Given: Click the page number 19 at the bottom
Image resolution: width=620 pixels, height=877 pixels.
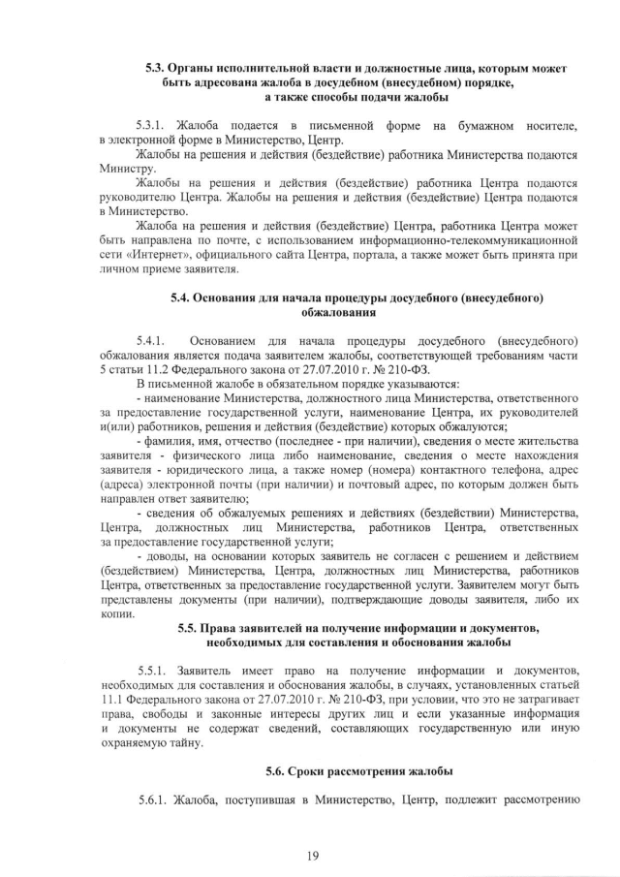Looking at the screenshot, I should coord(312,853).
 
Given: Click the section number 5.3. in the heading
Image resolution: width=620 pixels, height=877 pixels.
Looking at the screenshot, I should coord(157,69).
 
